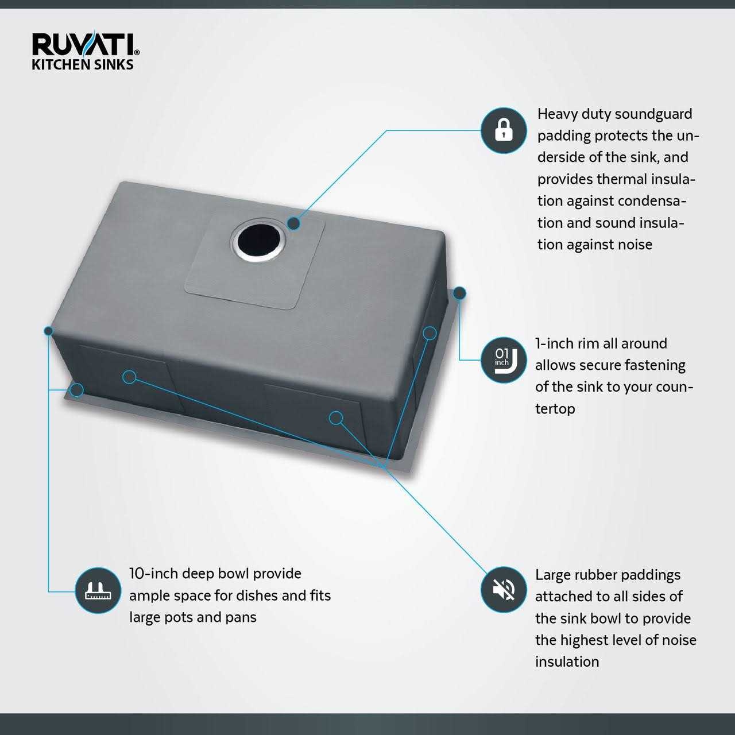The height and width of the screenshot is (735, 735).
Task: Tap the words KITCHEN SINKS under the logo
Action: point(83,64)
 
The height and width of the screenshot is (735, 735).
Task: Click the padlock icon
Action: point(503,130)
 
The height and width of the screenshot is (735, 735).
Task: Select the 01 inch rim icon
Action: point(503,360)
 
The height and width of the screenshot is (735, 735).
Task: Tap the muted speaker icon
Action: point(503,590)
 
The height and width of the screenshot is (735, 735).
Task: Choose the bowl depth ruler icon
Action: point(98,590)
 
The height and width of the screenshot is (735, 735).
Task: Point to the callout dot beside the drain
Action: point(293,223)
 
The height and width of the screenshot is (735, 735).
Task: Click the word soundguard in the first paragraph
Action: point(653,114)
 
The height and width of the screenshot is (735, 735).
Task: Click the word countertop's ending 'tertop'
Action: point(555,409)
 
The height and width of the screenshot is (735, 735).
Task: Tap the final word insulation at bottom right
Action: point(567,662)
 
